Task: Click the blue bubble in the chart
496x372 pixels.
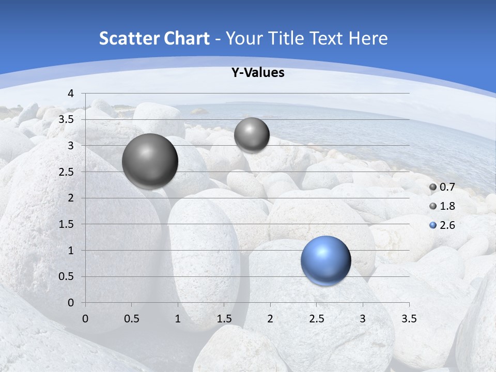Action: pos(326,260)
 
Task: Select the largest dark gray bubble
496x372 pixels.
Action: pos(150,161)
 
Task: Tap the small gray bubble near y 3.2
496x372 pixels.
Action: pos(252,135)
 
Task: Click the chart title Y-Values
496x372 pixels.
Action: pos(257,73)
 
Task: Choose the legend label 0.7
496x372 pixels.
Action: pos(447,187)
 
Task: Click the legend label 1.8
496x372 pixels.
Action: pos(447,206)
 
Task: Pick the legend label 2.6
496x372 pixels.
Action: pos(447,225)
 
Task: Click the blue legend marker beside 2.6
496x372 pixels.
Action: pos(433,225)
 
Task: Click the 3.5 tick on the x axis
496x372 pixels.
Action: pos(409,319)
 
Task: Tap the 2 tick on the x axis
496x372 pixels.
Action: pos(270,319)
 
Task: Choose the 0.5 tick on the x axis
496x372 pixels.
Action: pos(131,319)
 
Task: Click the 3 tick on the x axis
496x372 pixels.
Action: pos(362,319)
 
